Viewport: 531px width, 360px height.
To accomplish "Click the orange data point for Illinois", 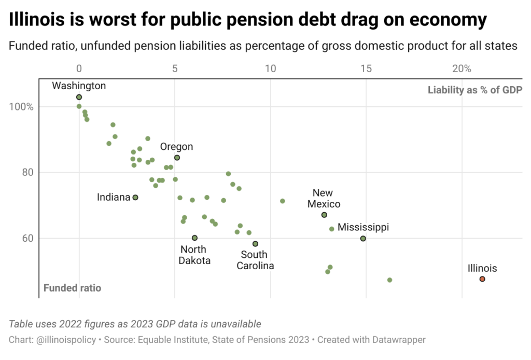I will (x=482, y=279).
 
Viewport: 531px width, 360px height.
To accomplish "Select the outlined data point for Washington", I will (x=79, y=97).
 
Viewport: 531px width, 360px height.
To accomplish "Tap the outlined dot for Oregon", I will (x=177, y=158).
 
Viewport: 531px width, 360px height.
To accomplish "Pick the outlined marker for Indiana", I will (x=135, y=198).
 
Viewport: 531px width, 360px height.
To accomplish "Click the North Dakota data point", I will (x=194, y=238).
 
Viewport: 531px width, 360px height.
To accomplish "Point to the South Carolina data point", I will (x=255, y=244).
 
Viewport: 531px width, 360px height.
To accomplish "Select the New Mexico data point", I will (x=324, y=215).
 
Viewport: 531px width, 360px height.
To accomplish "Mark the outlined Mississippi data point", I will (x=363, y=239).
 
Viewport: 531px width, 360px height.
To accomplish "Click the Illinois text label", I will (x=482, y=268).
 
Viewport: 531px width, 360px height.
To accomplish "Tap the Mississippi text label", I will (x=363, y=227).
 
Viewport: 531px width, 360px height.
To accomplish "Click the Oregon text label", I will (x=176, y=147).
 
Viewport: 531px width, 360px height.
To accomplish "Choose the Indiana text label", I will (x=113, y=198).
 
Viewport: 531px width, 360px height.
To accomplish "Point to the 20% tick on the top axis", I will (x=462, y=68).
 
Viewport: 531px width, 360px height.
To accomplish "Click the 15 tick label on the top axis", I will (x=366, y=68).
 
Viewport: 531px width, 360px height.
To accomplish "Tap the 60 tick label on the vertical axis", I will (x=28, y=239).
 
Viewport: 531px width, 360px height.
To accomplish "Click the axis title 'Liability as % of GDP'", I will (x=474, y=90).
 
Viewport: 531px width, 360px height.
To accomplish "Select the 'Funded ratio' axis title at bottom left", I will (x=72, y=288).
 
